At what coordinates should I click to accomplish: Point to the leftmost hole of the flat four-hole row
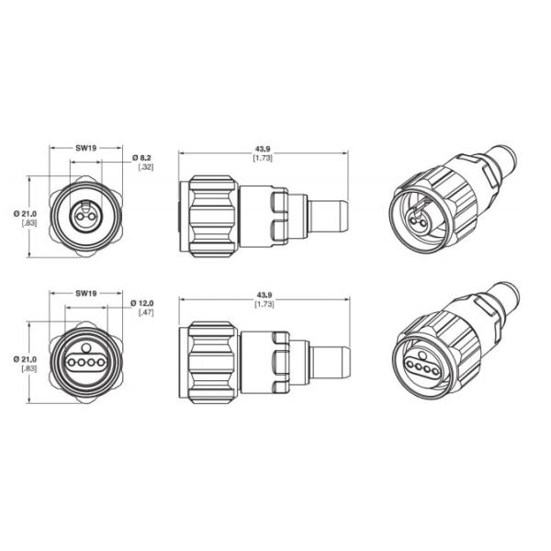[70, 364]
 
